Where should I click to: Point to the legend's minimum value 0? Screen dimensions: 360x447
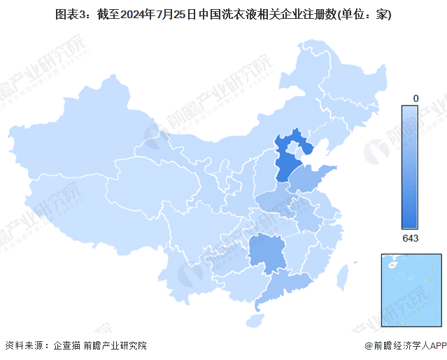pos(416,99)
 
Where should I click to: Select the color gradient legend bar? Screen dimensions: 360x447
pos(410,167)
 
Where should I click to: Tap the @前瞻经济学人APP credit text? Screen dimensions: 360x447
pos(404,345)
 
